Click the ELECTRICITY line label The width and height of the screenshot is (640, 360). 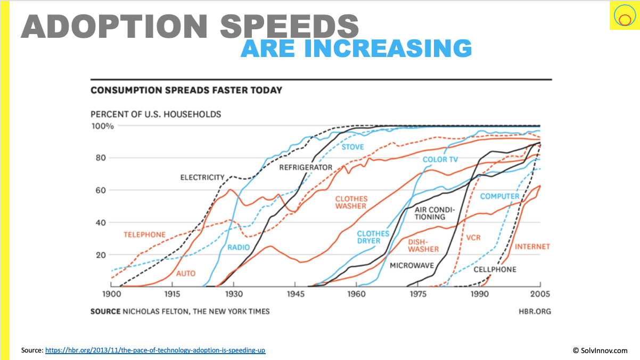pyautogui.click(x=202, y=177)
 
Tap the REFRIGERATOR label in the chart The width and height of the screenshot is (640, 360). pyautogui.click(x=306, y=167)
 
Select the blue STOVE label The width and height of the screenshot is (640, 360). pyautogui.click(x=352, y=147)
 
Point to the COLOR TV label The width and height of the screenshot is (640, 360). pyautogui.click(x=440, y=159)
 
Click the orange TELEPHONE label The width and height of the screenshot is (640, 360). pyautogui.click(x=144, y=235)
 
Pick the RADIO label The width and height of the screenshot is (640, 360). pyautogui.click(x=239, y=248)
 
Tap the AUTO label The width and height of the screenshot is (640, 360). pyautogui.click(x=186, y=274)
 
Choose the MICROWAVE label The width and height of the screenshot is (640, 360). pyautogui.click(x=412, y=265)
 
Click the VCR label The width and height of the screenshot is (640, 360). pyautogui.click(x=473, y=238)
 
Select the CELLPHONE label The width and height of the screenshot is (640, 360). pyautogui.click(x=495, y=269)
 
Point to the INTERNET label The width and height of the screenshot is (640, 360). pyautogui.click(x=532, y=247)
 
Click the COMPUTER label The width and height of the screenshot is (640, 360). pyautogui.click(x=499, y=197)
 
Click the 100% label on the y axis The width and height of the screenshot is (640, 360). pyautogui.click(x=102, y=126)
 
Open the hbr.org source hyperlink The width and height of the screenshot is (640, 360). pyautogui.click(x=155, y=350)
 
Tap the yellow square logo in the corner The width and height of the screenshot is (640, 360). pyautogui.click(x=623, y=16)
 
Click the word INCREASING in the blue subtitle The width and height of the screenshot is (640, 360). pyautogui.click(x=388, y=48)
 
